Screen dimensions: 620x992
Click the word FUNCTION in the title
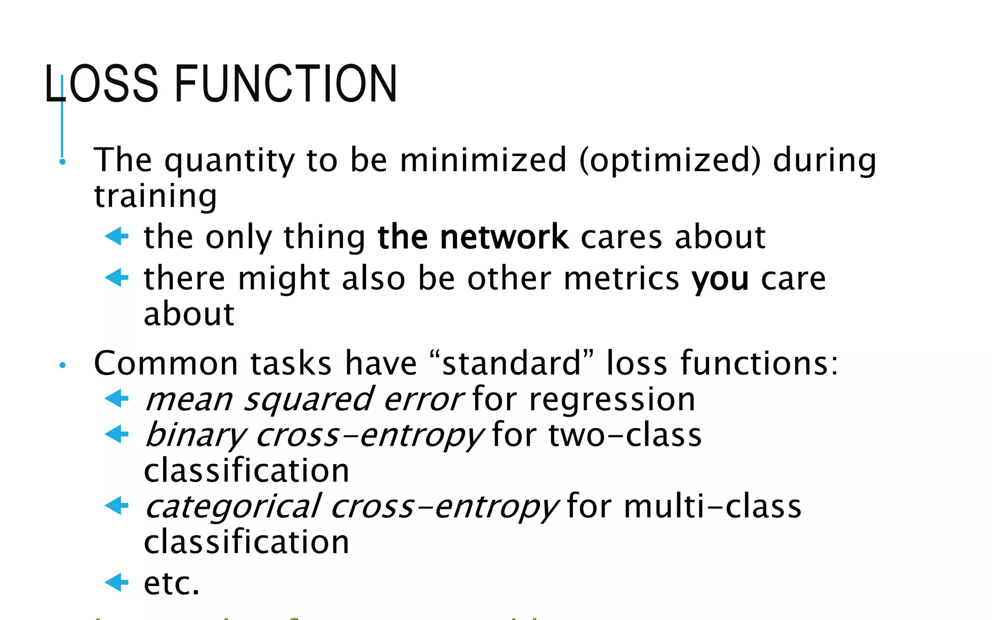(x=286, y=84)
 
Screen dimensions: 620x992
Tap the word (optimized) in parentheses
(x=670, y=160)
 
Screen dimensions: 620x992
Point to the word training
(x=155, y=196)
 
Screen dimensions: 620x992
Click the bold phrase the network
(x=473, y=237)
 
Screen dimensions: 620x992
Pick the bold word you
(x=720, y=279)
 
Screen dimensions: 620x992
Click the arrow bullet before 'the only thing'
(x=117, y=236)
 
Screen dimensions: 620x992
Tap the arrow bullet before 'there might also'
(x=117, y=278)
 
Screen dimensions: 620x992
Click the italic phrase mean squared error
(x=304, y=400)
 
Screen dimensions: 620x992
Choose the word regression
(x=612, y=400)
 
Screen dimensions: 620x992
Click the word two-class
(x=625, y=435)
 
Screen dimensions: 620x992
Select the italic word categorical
(x=233, y=507)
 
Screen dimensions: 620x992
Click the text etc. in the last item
(x=171, y=583)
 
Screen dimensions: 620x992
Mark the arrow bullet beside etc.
(x=117, y=582)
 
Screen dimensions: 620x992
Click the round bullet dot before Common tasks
(x=62, y=365)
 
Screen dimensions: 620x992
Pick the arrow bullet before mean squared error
(x=117, y=399)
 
